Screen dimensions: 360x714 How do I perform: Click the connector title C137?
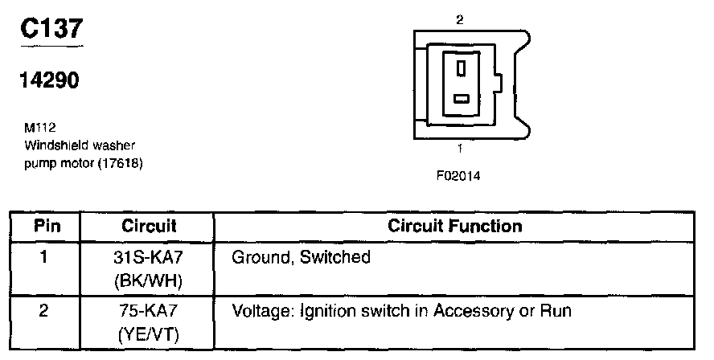(x=51, y=29)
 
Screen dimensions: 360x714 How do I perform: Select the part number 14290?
(x=49, y=81)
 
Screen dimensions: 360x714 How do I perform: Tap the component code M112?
(x=39, y=128)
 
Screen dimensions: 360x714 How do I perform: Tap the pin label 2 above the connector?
(x=458, y=19)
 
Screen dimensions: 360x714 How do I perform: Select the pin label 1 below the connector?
(x=458, y=148)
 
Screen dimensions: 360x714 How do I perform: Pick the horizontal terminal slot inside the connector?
(x=461, y=99)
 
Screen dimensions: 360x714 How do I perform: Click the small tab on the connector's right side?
(x=499, y=83)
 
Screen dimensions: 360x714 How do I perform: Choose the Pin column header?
(x=45, y=226)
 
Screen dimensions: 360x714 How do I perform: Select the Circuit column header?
(x=149, y=226)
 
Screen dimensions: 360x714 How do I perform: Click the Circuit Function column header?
(x=454, y=226)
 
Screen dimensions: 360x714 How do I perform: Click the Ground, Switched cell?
(x=300, y=258)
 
